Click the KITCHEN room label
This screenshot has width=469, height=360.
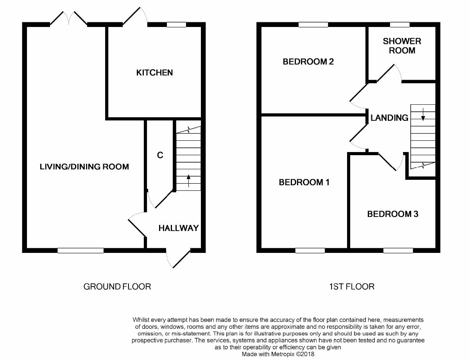154,73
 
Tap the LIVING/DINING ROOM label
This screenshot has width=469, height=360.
84,167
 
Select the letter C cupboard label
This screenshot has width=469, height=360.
160,155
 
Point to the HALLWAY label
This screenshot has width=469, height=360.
179,228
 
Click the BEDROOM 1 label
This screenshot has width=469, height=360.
304,183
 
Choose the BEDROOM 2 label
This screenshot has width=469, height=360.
308,62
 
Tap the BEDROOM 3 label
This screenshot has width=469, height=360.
393,214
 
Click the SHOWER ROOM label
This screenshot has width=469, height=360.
402,46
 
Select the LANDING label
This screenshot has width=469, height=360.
389,118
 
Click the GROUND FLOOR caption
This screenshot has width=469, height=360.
117,287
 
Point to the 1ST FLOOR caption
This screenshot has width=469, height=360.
352,287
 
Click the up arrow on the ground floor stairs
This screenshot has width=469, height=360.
188,181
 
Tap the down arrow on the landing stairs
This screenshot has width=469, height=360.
423,115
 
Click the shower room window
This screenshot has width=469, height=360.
400,25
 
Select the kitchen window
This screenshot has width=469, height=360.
177,25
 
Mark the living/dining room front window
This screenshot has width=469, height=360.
81,251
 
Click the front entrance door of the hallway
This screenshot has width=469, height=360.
178,258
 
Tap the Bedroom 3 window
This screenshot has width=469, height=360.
398,251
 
